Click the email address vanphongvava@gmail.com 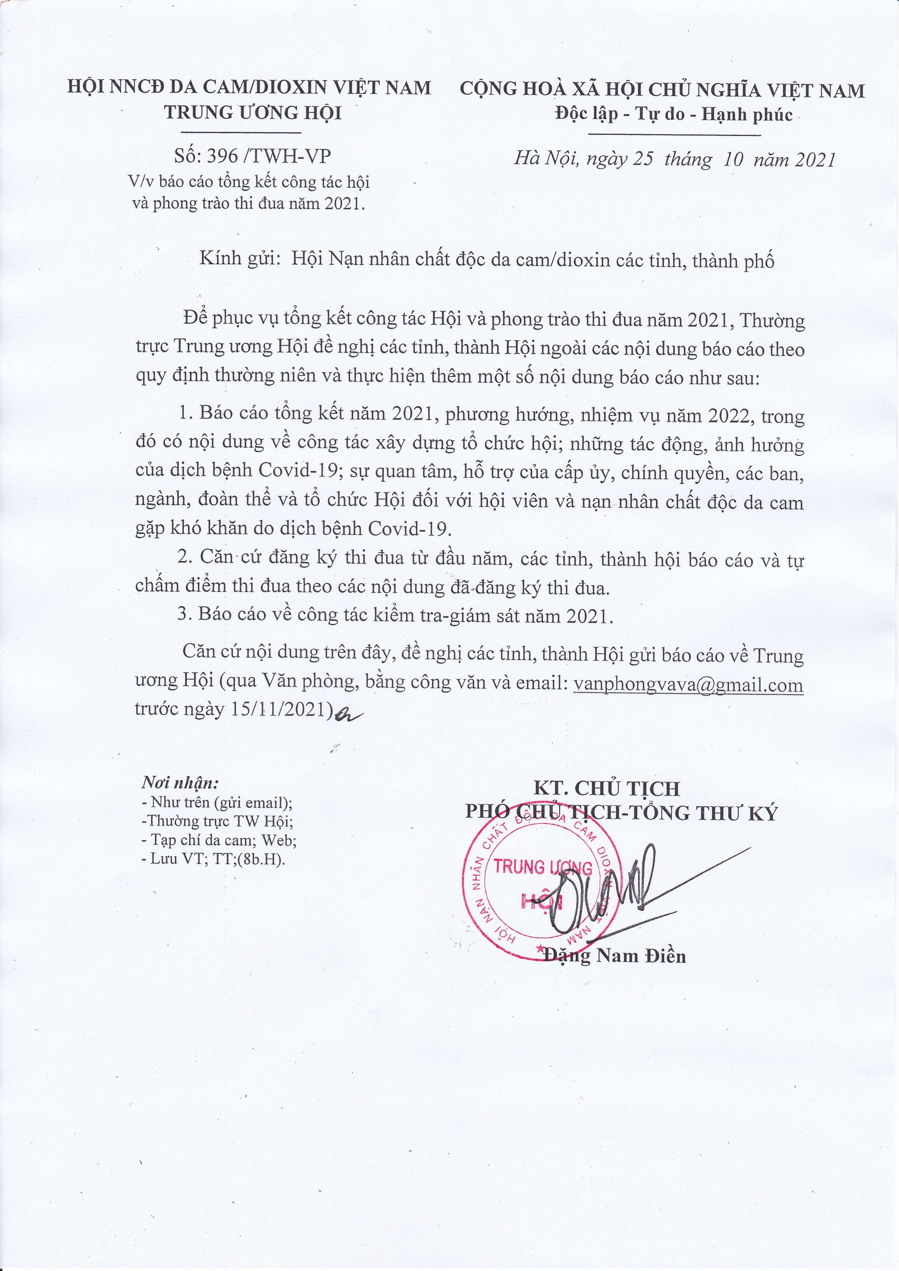(689, 685)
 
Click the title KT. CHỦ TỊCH (606, 788)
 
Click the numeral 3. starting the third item (185, 616)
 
